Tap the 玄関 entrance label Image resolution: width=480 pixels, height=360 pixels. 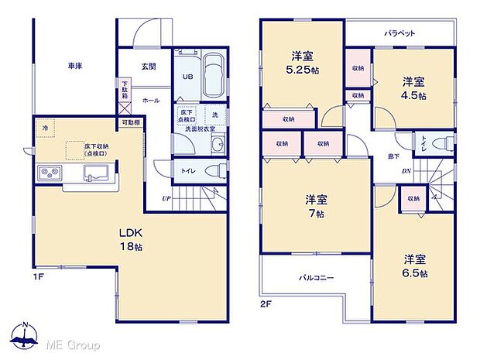(x=149, y=67)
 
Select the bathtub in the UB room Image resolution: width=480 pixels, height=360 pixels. (x=213, y=77)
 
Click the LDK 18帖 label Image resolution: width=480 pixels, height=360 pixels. (x=129, y=238)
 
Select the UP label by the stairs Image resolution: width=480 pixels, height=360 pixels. (x=166, y=199)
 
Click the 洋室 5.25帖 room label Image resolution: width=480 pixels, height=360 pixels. (x=302, y=62)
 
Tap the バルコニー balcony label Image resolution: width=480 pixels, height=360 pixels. (x=317, y=277)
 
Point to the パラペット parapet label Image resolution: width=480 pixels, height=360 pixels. (x=399, y=34)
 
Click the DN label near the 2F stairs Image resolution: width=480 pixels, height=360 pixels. (x=406, y=172)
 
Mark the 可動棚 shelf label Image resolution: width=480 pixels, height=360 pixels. (x=130, y=122)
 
